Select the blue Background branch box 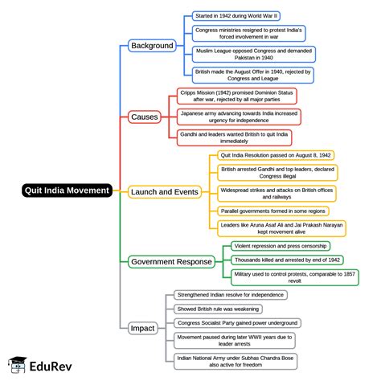[x=152, y=46]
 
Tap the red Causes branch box [x=144, y=117]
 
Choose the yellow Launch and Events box [x=164, y=191]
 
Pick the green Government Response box [x=171, y=261]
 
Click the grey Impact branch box [x=143, y=328]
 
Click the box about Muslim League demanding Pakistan [x=254, y=55]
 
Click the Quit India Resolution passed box [x=276, y=155]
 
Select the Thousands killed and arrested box [x=287, y=260]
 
